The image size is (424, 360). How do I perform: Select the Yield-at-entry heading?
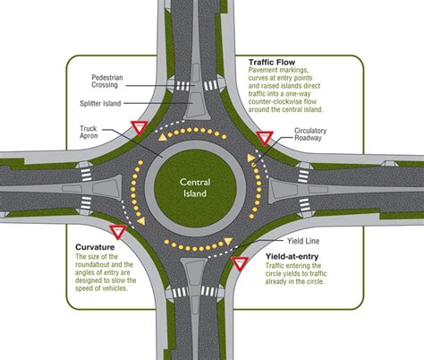(x=296, y=256)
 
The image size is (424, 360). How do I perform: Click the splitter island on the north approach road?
(x=194, y=94)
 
